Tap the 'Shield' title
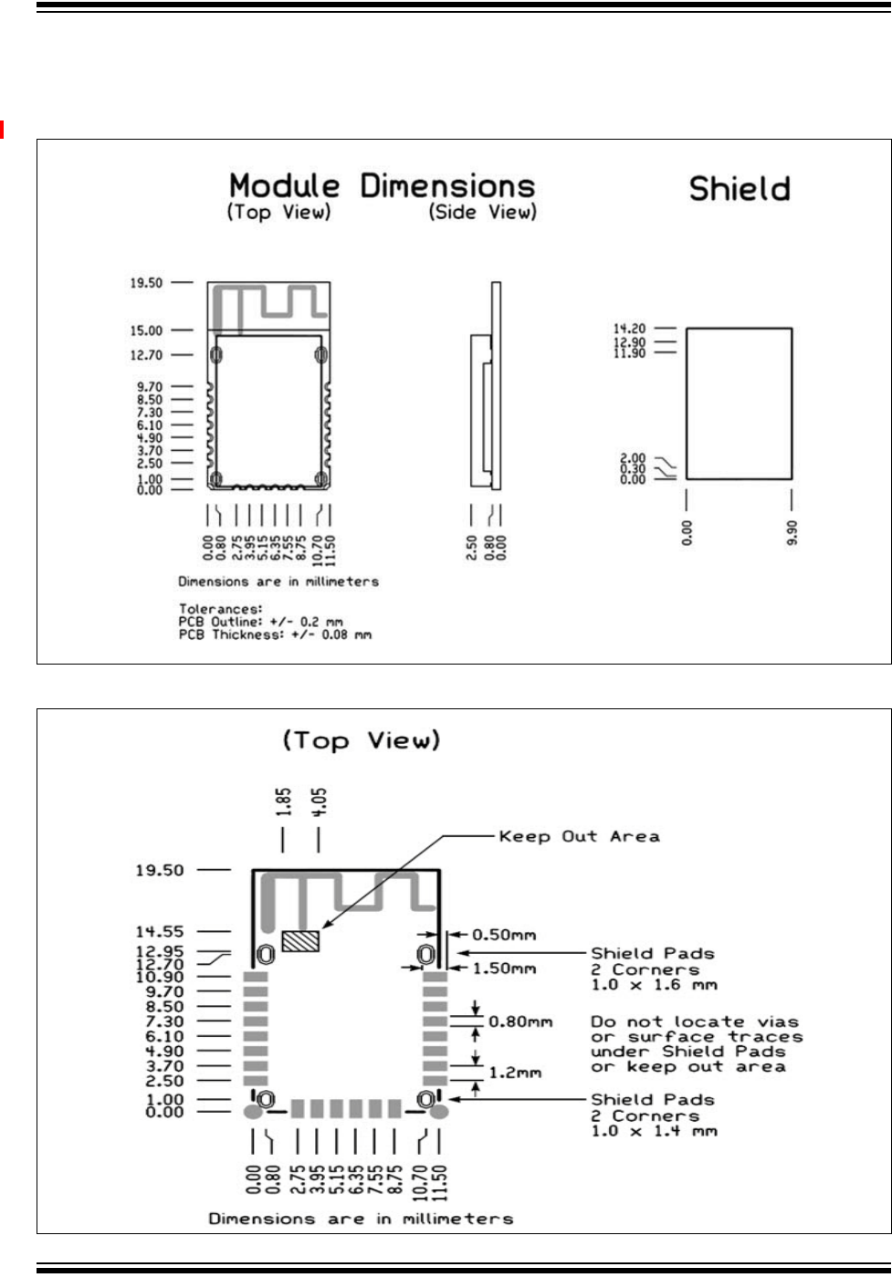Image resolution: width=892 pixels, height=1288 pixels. [x=739, y=189]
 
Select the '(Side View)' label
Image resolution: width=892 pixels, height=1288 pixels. [x=482, y=213]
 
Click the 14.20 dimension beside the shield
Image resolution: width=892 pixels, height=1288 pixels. [x=630, y=329]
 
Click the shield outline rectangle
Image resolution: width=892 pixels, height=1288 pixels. [x=739, y=403]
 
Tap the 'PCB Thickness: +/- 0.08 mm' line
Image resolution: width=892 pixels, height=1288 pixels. [x=275, y=634]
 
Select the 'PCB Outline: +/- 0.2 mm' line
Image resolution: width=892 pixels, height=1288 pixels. [x=260, y=621]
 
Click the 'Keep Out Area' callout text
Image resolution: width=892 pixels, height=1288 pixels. [x=579, y=836]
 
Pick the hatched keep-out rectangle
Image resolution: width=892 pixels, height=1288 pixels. [x=301, y=941]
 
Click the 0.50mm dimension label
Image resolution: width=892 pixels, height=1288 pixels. [x=503, y=935]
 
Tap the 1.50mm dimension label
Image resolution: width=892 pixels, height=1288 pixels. [x=503, y=968]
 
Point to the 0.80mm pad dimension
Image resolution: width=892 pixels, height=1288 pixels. [x=520, y=1021]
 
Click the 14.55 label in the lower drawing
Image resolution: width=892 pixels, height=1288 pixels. [x=160, y=931]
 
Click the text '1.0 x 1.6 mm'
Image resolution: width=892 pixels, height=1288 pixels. [x=654, y=985]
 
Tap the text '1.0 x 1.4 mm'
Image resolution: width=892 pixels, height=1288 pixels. [x=654, y=1131]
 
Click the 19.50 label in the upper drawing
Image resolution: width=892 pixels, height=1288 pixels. [x=145, y=283]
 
